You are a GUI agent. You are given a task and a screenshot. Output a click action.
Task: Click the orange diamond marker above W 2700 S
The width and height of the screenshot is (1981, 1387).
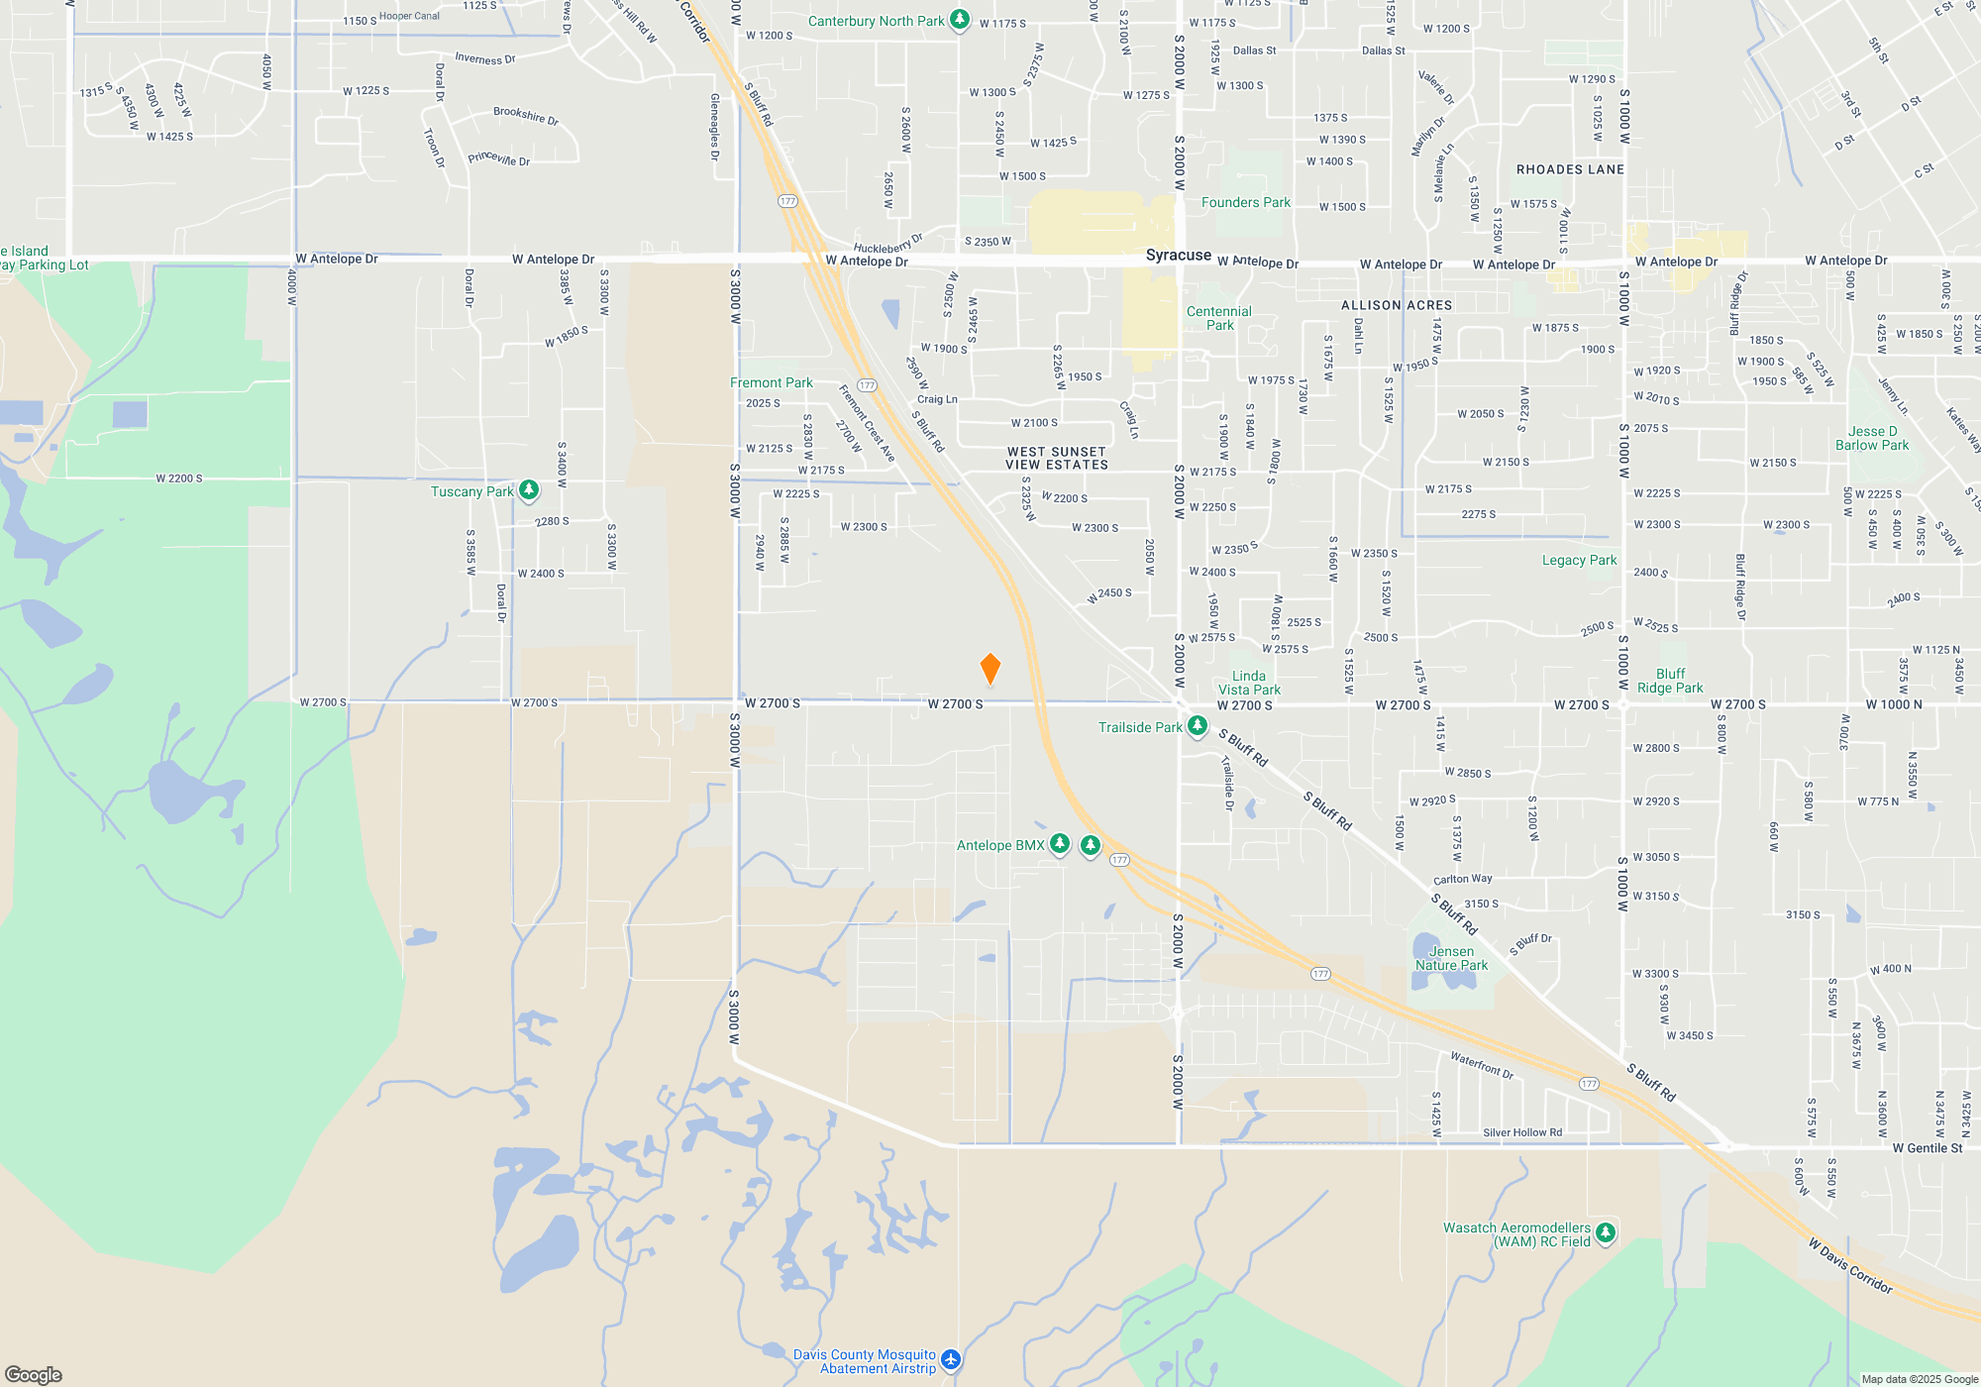pyautogui.click(x=990, y=669)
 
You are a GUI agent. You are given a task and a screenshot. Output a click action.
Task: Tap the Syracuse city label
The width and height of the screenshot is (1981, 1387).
pyautogui.click(x=1178, y=255)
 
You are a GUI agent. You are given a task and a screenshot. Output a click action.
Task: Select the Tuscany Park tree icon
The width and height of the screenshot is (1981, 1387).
pyautogui.click(x=529, y=489)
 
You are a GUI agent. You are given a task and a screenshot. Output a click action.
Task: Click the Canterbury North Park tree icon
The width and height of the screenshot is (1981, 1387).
pyautogui.click(x=959, y=20)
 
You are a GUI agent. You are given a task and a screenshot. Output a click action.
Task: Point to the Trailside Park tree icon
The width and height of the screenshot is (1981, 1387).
pyautogui.click(x=1197, y=726)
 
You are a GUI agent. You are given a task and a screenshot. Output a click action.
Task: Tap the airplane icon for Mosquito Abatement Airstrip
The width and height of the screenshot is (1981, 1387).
pyautogui.click(x=951, y=1359)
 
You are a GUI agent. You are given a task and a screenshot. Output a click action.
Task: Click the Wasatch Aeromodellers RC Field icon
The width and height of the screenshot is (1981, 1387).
pyautogui.click(x=1606, y=1232)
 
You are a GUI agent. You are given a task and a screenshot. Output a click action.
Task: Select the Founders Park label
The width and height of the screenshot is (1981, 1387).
pyautogui.click(x=1245, y=202)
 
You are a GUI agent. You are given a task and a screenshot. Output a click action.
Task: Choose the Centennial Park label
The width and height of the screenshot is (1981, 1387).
pyautogui.click(x=1219, y=318)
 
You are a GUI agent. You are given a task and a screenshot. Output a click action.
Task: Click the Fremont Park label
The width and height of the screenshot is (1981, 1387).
pyautogui.click(x=771, y=382)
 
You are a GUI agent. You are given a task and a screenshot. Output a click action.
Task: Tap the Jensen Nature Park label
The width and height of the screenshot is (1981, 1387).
pyautogui.click(x=1451, y=958)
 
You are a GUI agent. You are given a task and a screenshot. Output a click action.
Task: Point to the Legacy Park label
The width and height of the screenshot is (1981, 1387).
pyautogui.click(x=1579, y=560)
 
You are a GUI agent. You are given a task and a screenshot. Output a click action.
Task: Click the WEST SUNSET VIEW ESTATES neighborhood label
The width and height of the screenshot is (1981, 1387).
pyautogui.click(x=1057, y=458)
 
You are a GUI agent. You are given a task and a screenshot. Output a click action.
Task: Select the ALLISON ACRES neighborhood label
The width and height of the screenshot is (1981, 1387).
pyautogui.click(x=1397, y=305)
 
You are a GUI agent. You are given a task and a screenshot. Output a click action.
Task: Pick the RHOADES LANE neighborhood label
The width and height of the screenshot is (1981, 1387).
pyautogui.click(x=1570, y=169)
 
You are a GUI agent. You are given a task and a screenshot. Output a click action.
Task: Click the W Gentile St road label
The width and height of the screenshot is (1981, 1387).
pyautogui.click(x=1927, y=1148)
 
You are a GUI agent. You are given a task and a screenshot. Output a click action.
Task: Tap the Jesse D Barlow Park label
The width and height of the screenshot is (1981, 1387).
pyautogui.click(x=1871, y=438)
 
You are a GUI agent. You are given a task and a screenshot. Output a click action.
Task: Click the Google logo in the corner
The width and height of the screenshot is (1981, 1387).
pyautogui.click(x=34, y=1374)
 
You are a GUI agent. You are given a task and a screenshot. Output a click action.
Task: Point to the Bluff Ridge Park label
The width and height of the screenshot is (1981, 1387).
pyautogui.click(x=1670, y=681)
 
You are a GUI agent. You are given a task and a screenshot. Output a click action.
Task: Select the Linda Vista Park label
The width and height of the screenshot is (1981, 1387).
pyautogui.click(x=1249, y=683)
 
